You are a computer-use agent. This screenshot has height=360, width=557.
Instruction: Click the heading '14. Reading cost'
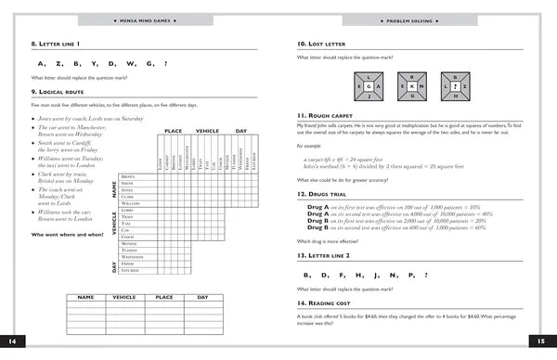[x=324, y=303]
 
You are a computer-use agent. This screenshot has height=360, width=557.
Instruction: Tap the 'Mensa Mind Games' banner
[x=138, y=19]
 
